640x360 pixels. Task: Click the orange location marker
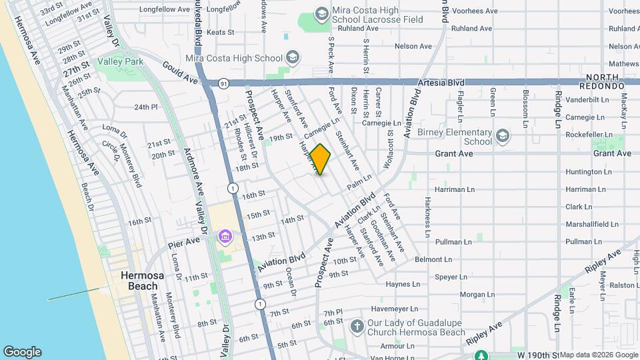click(x=320, y=159)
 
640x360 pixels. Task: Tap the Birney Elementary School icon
click(x=502, y=137)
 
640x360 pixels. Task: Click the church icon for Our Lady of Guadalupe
click(x=357, y=327)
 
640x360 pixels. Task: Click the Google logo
click(x=22, y=352)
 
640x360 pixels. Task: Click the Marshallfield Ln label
click(x=589, y=224)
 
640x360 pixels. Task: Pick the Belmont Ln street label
click(x=433, y=259)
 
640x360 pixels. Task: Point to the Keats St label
click(x=221, y=31)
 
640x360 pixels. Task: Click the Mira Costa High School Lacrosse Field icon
click(x=322, y=14)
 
